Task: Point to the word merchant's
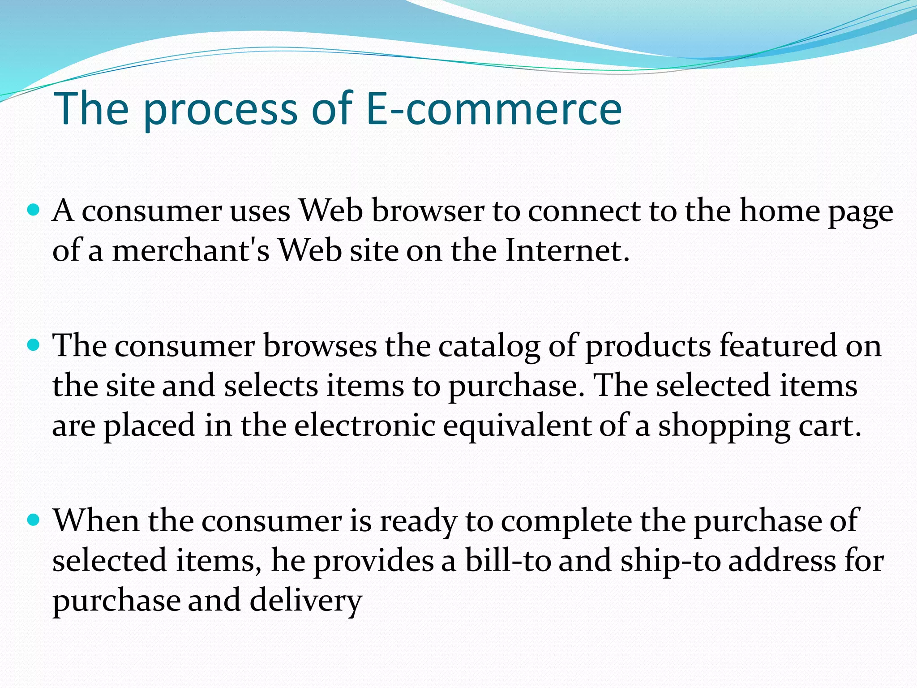tap(191, 250)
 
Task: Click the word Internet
tap(567, 250)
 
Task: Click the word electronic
tap(365, 425)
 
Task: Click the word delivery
tap(305, 601)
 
